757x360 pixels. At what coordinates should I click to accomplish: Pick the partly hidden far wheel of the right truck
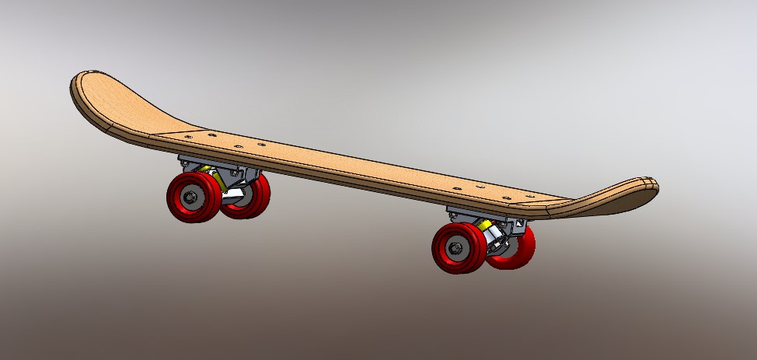pos(518,247)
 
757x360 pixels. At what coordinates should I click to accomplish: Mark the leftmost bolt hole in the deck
pos(189,135)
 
